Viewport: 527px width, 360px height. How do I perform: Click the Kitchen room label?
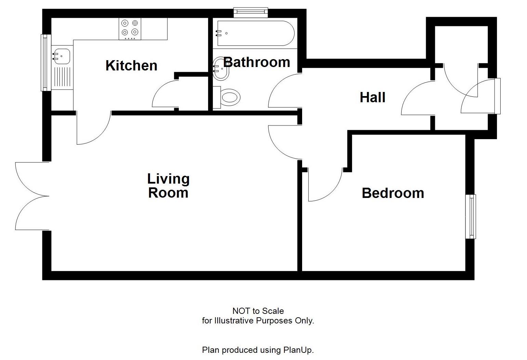[131, 65]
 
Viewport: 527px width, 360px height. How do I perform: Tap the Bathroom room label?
[257, 62]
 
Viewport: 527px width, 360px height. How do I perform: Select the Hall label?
[373, 97]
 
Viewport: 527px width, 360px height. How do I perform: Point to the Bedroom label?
[393, 193]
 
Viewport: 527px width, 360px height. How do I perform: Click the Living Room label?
[168, 186]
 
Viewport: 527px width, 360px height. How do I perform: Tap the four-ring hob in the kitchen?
[130, 28]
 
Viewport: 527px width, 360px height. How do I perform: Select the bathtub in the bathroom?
[255, 33]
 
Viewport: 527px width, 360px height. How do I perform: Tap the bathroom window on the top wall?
[251, 12]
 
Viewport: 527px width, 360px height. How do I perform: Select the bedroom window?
[471, 216]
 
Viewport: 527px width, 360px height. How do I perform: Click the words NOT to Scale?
[258, 311]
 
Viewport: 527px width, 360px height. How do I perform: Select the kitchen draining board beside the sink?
[62, 77]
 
